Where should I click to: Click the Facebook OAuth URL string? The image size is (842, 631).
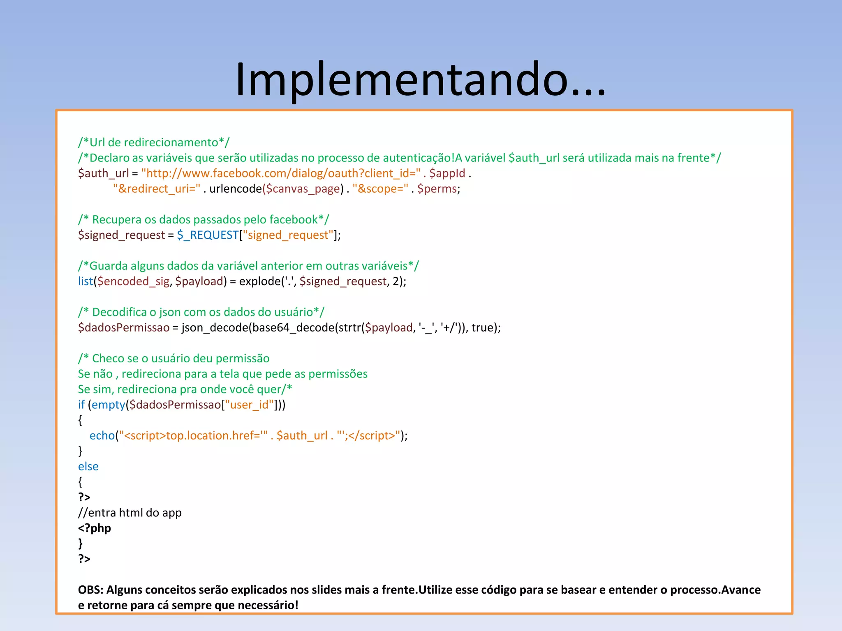click(281, 173)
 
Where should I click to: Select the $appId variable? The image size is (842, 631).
click(447, 173)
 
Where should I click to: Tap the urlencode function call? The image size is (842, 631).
click(235, 189)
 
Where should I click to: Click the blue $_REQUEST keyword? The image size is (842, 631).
click(208, 235)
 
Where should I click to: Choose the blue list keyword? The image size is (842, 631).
click(86, 281)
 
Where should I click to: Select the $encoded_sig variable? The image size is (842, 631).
click(133, 281)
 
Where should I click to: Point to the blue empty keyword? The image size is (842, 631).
click(108, 405)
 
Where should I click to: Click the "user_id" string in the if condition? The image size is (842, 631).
click(249, 405)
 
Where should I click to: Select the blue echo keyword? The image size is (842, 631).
click(102, 436)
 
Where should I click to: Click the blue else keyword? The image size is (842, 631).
click(88, 467)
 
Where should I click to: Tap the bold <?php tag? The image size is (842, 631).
click(95, 528)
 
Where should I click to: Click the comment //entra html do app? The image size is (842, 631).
click(130, 513)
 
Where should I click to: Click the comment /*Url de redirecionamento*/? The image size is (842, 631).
click(154, 143)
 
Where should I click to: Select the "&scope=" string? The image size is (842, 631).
click(380, 189)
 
